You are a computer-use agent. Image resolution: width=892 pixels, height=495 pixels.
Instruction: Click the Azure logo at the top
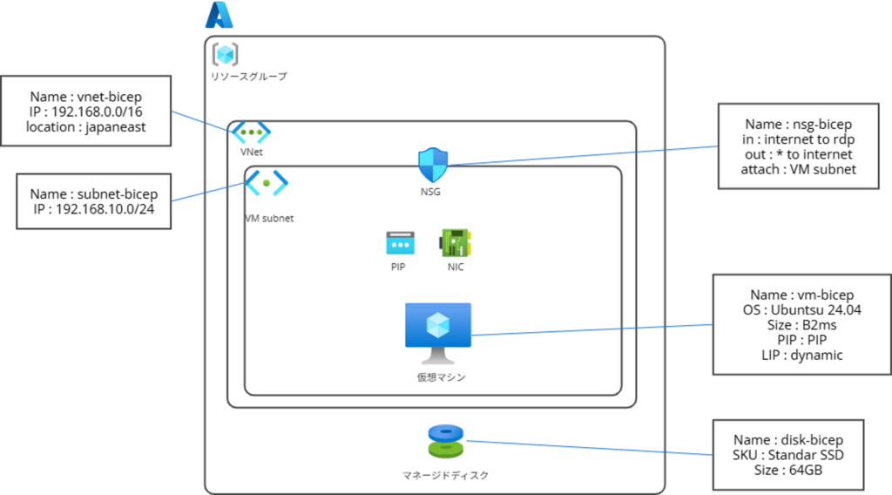[220, 15]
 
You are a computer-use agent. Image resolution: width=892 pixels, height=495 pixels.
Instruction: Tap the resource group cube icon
[226, 54]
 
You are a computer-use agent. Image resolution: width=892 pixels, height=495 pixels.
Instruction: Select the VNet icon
[251, 133]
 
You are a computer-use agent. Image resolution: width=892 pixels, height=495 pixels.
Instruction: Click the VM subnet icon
[266, 183]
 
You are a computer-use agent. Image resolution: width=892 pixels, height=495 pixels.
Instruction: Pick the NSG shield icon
[431, 163]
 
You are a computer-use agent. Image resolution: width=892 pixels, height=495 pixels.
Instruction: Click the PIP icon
[400, 242]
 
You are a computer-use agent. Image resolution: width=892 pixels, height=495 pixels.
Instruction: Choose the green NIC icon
[455, 242]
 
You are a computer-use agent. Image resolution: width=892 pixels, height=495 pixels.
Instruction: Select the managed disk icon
[445, 442]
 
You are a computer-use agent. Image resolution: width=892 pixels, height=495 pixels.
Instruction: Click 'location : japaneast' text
[86, 127]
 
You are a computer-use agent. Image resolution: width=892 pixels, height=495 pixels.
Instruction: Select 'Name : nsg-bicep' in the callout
[799, 125]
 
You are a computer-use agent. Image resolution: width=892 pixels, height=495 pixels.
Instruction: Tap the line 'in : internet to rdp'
[799, 139]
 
